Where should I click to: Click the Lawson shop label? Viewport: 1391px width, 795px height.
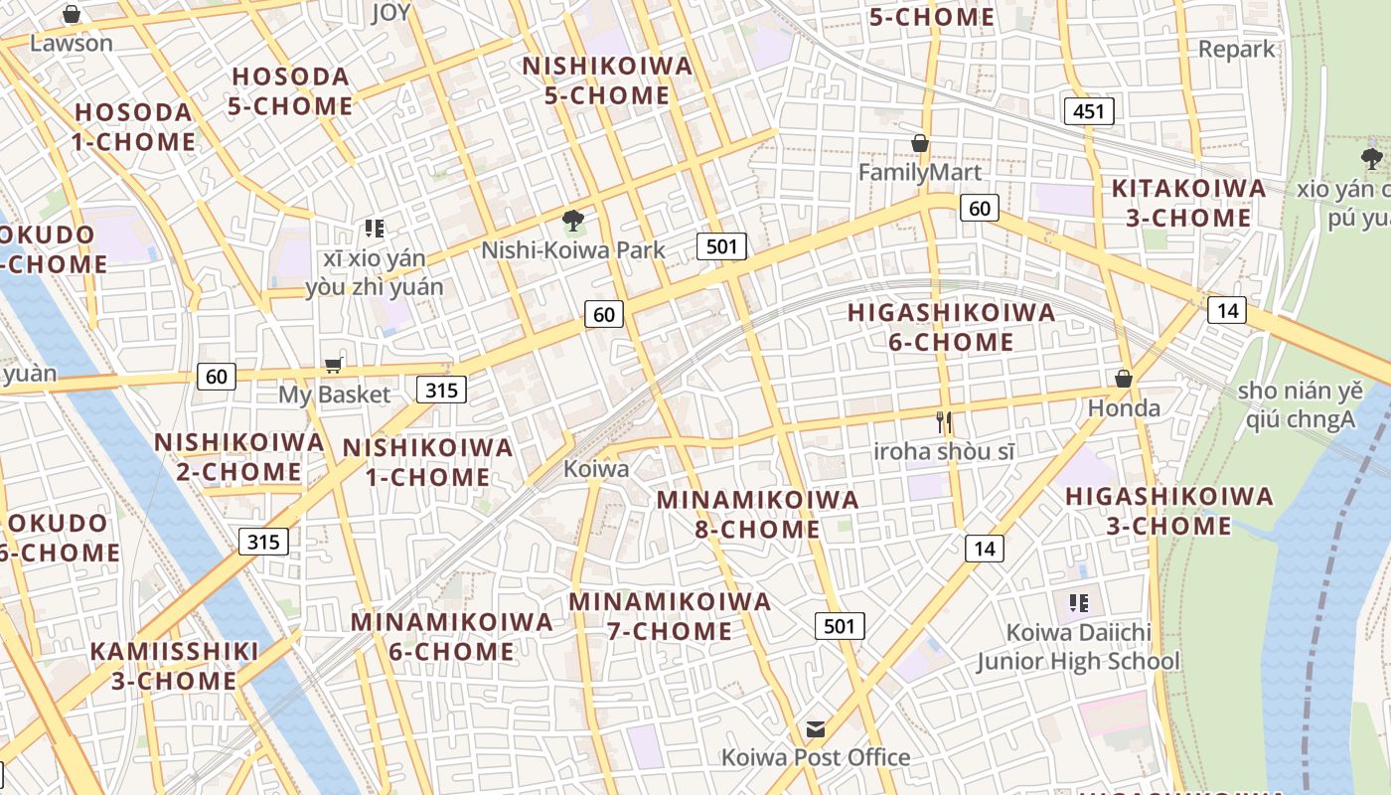(72, 44)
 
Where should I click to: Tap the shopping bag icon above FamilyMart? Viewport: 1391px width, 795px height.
(920, 144)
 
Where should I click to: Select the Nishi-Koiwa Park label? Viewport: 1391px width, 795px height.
(573, 249)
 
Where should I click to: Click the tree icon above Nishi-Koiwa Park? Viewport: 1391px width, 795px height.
(572, 220)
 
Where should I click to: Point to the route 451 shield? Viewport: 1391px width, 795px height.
(1088, 111)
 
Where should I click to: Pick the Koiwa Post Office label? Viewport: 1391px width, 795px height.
(816, 757)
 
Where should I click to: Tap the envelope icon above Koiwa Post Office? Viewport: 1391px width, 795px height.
(816, 729)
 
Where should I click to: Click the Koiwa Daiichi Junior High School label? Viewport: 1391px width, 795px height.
(1078, 647)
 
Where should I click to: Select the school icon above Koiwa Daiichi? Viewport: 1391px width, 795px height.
(1079, 602)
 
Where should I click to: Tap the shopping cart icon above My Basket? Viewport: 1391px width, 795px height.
(334, 366)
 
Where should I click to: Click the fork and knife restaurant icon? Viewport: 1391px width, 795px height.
(944, 422)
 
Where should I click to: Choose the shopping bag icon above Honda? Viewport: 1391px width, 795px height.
(1124, 379)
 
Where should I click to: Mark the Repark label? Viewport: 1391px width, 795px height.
(1236, 49)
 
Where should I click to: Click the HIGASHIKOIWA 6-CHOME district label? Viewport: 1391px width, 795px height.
(951, 327)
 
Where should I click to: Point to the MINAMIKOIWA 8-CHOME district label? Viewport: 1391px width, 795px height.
(757, 514)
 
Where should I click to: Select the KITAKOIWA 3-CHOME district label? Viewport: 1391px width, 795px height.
(1188, 203)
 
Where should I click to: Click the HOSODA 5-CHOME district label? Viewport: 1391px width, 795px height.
(290, 91)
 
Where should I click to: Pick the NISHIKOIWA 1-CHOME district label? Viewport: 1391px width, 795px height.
(428, 462)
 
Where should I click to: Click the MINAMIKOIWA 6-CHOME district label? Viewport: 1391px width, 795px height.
(451, 637)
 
